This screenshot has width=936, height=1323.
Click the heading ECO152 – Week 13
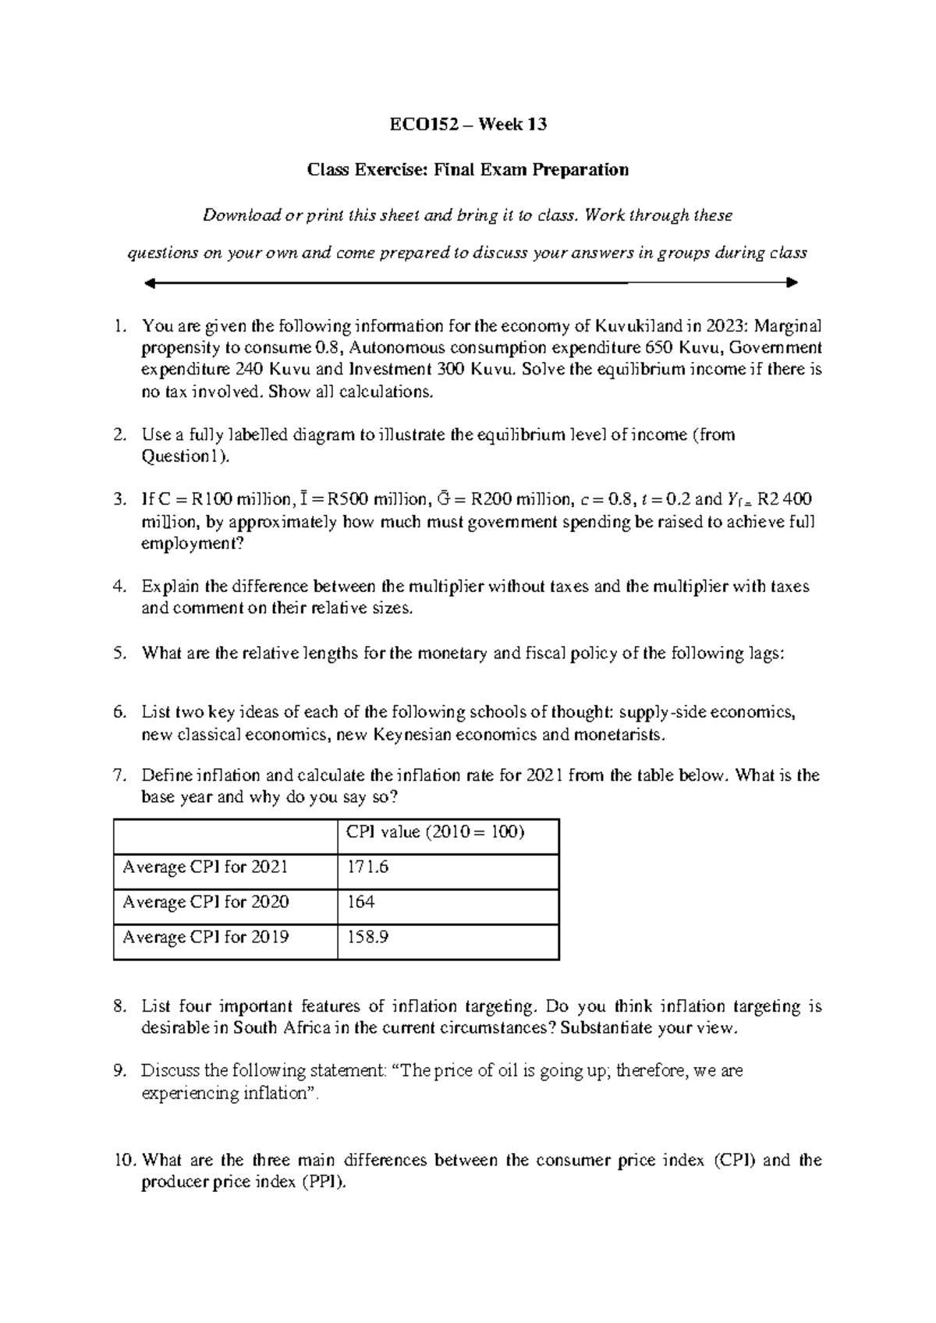pyautogui.click(x=468, y=124)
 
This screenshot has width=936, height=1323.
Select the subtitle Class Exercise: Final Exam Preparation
pyautogui.click(x=468, y=169)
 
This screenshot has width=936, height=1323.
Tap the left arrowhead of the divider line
pyautogui.click(x=151, y=282)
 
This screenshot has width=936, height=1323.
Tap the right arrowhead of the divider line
pyautogui.click(x=792, y=282)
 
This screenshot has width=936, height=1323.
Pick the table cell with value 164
pyautogui.click(x=361, y=902)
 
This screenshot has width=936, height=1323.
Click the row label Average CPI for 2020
pyautogui.click(x=206, y=902)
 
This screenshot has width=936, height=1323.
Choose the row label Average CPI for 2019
pyautogui.click(x=206, y=937)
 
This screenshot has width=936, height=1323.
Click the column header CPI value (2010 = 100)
pyautogui.click(x=435, y=832)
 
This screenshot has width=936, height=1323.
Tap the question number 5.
pyautogui.click(x=119, y=654)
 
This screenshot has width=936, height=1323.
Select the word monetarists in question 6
pyautogui.click(x=618, y=735)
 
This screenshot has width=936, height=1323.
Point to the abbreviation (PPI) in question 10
pyautogui.click(x=321, y=1183)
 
